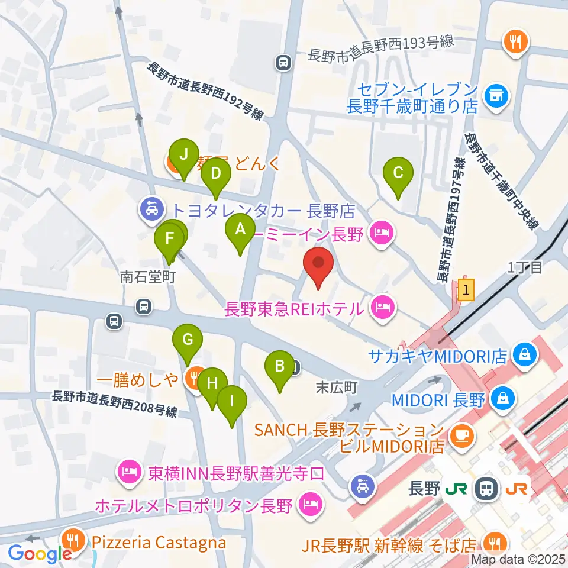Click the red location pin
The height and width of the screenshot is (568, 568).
(x=318, y=266)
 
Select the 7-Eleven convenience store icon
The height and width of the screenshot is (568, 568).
(x=493, y=93)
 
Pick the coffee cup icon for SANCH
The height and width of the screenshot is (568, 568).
(x=459, y=436)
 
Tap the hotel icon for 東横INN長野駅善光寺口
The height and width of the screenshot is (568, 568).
(x=128, y=472)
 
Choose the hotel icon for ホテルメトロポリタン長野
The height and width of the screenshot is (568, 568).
(x=309, y=505)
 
